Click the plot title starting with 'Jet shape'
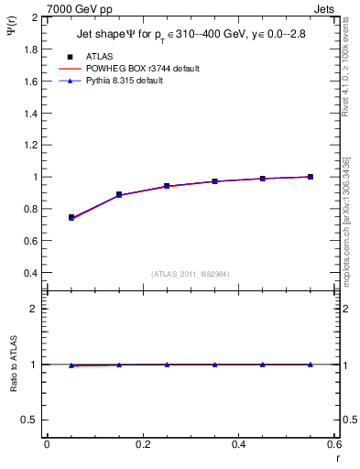coord(191,36)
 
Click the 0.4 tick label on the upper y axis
coord(31,273)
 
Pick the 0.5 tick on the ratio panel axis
coord(31,420)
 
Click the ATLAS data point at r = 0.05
coord(71,217)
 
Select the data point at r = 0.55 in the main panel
coord(311,177)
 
